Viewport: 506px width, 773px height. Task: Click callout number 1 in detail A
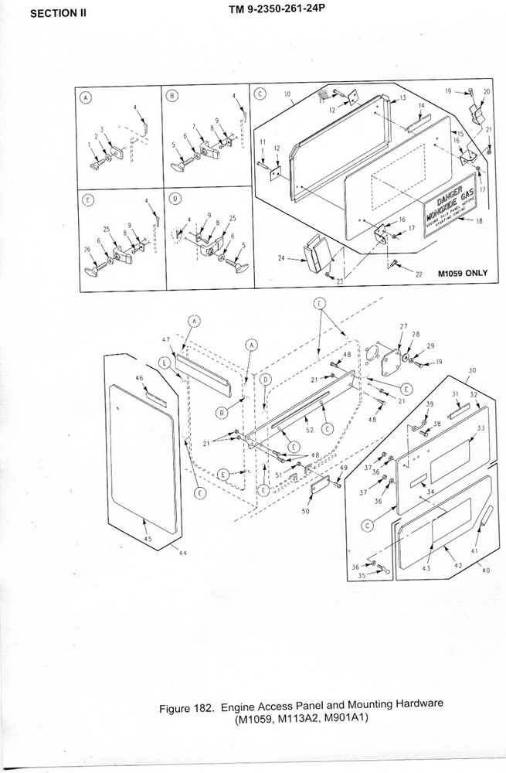90,144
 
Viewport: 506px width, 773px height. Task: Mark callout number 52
310,430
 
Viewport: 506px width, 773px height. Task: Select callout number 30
474,370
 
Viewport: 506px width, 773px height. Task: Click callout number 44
184,553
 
